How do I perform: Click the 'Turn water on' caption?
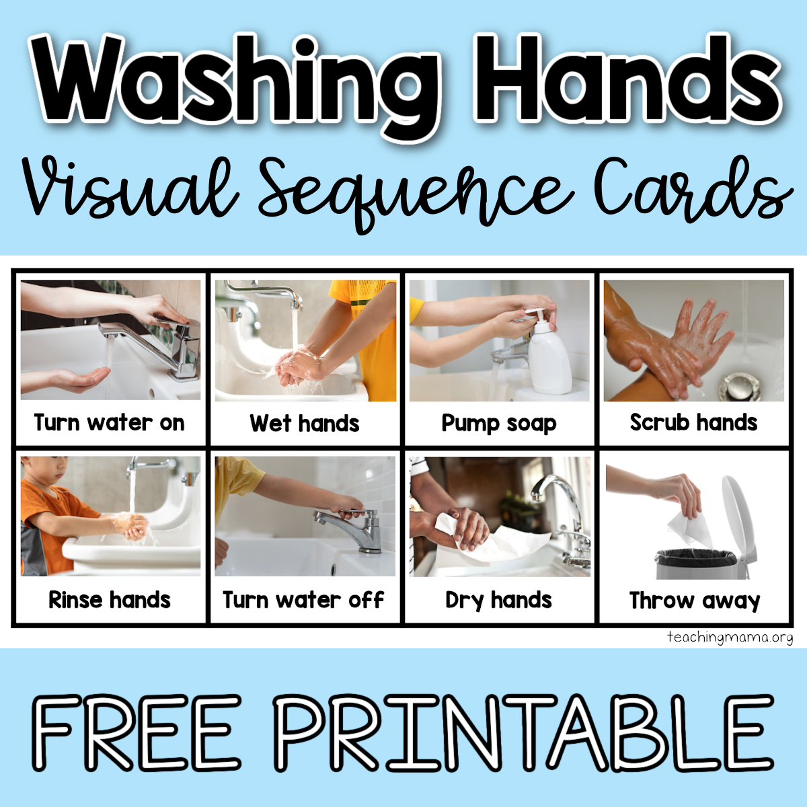point(110,423)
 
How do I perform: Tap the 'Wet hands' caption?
point(305,424)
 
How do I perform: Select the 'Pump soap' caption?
point(499,424)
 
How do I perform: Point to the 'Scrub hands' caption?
point(693,423)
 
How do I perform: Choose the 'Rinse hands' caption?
point(110,599)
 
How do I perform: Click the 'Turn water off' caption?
point(304,599)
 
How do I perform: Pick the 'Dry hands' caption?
point(499,599)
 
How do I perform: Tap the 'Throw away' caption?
point(694,600)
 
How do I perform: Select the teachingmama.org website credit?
point(730,637)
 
